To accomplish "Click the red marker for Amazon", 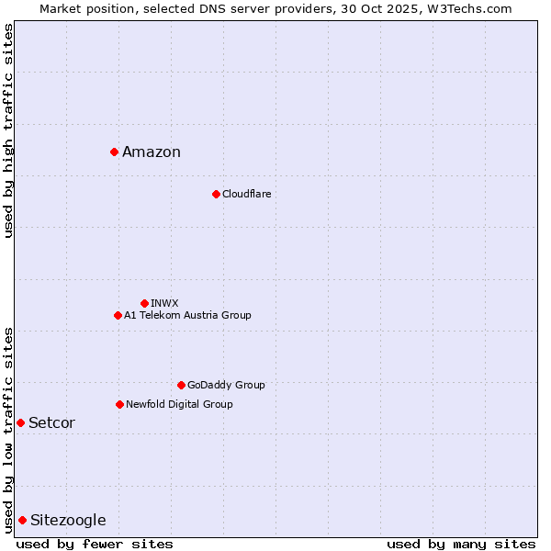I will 114,152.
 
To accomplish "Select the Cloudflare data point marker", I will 216,194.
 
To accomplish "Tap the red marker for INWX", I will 144,303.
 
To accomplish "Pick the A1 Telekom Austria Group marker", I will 118,315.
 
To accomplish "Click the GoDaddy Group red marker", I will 181,385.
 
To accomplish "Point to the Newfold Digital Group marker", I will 119,404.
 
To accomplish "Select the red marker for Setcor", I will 20,422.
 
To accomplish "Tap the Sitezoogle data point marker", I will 22,520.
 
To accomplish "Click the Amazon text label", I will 152,152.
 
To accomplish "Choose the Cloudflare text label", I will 246,195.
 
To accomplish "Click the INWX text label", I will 164,304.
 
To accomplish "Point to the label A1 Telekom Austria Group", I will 187,316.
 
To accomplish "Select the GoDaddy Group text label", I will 226,386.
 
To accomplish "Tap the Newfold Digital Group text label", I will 179,405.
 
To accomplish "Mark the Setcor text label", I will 51,423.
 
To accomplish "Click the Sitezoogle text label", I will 68,521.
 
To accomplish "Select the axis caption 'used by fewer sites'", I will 95,544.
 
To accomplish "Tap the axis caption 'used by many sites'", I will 461,544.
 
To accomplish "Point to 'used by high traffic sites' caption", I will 9,130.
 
